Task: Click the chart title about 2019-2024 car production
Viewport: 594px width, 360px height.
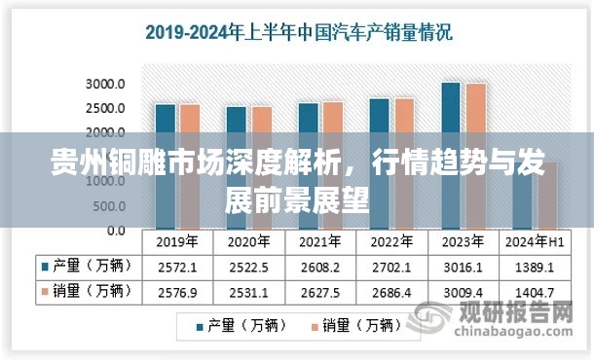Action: (298, 32)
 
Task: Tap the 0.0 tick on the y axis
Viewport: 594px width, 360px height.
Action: (114, 231)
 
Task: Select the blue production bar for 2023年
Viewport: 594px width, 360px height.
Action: (450, 117)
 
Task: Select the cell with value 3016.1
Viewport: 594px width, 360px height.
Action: (462, 266)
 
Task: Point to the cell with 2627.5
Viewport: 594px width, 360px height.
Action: (319, 290)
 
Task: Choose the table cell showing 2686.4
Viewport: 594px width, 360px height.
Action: (390, 290)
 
